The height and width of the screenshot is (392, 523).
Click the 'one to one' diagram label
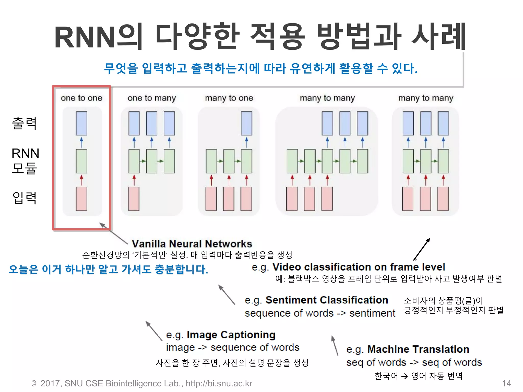pos(81,98)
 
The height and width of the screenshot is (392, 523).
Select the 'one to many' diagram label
pos(152,98)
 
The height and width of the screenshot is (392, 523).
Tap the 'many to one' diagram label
pos(229,98)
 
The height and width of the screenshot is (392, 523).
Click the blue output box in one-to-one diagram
pos(81,123)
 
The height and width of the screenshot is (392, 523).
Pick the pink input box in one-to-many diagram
pos(134,199)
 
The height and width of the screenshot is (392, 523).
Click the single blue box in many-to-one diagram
pos(246,123)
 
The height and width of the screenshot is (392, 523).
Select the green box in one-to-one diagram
pos(81,161)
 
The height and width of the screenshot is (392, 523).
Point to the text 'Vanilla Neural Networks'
pos(192,244)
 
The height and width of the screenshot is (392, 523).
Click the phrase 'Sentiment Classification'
pos(327,300)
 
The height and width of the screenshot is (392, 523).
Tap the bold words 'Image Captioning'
pos(231,335)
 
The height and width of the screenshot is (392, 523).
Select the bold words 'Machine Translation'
pos(418,349)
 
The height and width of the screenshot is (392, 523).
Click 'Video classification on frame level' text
pos(359,267)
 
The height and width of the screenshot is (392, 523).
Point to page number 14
pos(506,383)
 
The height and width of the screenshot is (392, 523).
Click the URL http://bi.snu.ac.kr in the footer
pos(219,383)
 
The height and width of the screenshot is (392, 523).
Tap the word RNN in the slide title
pos(85,38)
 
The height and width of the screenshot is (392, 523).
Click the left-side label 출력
pos(25,123)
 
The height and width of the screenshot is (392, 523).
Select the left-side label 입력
pos(25,198)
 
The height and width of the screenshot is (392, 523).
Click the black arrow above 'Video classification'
pos(422,249)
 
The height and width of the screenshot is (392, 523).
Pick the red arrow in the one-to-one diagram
pos(81,180)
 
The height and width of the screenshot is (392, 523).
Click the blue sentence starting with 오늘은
pos(108,269)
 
